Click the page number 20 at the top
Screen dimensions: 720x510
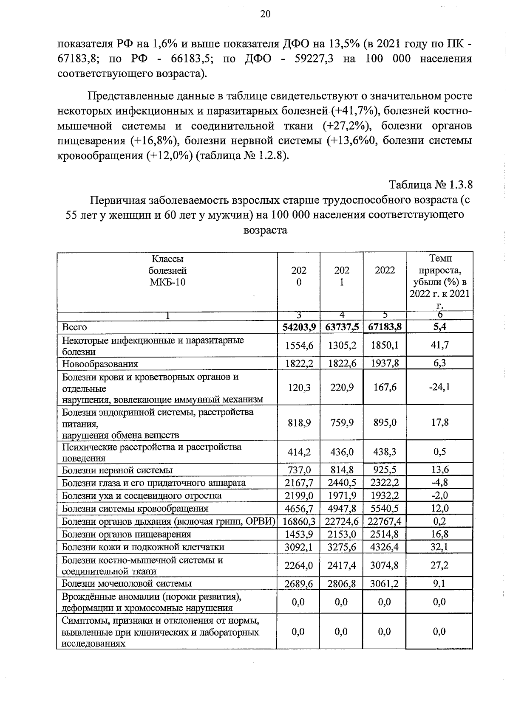(x=265, y=14)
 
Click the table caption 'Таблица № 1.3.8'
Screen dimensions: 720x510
(x=430, y=185)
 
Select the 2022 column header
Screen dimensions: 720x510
(x=385, y=270)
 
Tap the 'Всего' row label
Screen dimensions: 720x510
(x=74, y=327)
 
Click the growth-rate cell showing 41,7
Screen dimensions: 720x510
(x=439, y=345)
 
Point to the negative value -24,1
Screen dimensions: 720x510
(x=439, y=387)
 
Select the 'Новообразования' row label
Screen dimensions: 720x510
(x=100, y=364)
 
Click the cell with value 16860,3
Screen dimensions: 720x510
(x=298, y=521)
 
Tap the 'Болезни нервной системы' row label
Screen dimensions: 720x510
(x=117, y=470)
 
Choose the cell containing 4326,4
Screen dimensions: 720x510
(x=385, y=547)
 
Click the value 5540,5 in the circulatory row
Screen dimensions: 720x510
(x=385, y=509)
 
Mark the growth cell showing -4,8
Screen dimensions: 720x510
(x=439, y=483)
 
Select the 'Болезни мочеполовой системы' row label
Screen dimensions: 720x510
(x=127, y=584)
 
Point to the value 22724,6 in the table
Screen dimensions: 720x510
(x=342, y=521)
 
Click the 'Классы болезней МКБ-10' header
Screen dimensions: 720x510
(x=167, y=270)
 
